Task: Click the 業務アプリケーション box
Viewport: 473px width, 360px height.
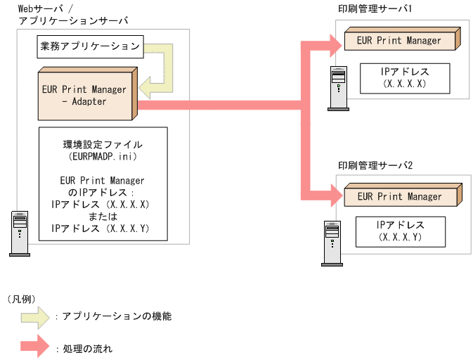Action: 89,48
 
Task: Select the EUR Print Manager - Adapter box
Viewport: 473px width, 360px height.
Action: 84,95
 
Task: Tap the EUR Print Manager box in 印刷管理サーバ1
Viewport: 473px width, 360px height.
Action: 399,41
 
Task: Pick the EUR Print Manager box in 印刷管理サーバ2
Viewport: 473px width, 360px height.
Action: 399,197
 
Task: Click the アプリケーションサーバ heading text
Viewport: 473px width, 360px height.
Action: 67,21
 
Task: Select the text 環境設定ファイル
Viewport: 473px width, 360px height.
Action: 103,144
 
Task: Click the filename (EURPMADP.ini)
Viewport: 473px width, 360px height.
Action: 103,156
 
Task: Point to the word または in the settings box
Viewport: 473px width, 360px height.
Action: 103,217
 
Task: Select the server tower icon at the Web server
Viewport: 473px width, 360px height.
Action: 19,233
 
